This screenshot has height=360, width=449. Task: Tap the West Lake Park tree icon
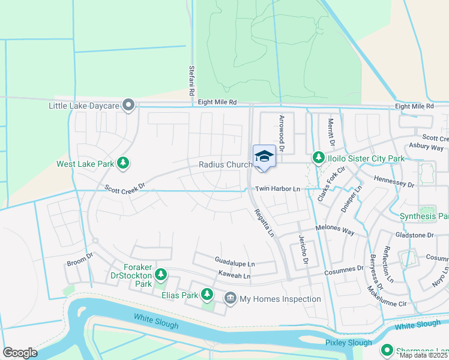(123, 163)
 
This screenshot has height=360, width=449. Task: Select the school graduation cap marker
(264, 157)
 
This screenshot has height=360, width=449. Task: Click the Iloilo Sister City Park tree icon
(318, 158)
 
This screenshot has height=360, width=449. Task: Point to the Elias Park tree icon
(207, 294)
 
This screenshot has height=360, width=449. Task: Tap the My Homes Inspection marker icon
(231, 298)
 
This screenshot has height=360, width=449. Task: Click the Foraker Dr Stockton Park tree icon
(160, 275)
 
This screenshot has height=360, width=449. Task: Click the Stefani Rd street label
(191, 82)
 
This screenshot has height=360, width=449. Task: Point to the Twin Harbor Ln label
(277, 189)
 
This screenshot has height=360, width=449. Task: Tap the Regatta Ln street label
(264, 222)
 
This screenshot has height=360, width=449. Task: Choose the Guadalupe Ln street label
(235, 263)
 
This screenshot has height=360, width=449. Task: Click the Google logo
(20, 353)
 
